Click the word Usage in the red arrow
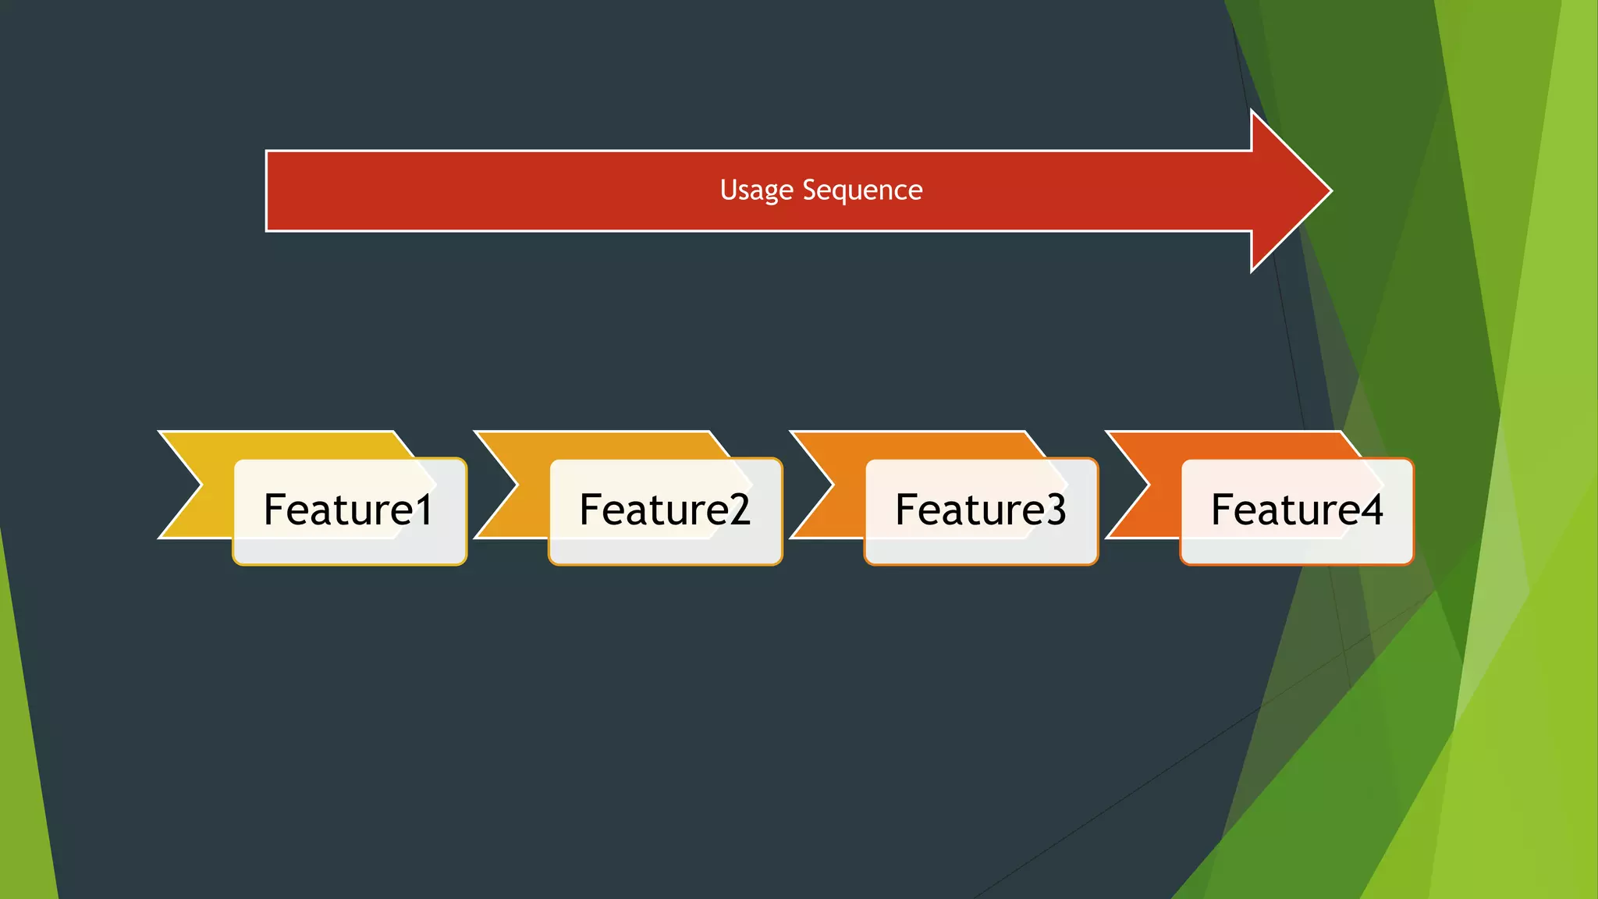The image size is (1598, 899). [x=756, y=190]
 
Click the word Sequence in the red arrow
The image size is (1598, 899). [x=862, y=190]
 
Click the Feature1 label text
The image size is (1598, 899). [x=348, y=510]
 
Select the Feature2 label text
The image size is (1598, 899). [x=665, y=510]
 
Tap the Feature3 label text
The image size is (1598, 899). [x=980, y=510]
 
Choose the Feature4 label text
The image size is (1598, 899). [x=1297, y=510]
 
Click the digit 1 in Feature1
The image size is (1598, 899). [x=424, y=510]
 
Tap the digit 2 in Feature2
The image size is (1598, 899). [x=739, y=510]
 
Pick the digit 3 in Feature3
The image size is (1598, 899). [x=1055, y=510]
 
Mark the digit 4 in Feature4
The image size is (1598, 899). [x=1371, y=510]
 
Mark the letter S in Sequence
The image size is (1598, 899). [x=810, y=190]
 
